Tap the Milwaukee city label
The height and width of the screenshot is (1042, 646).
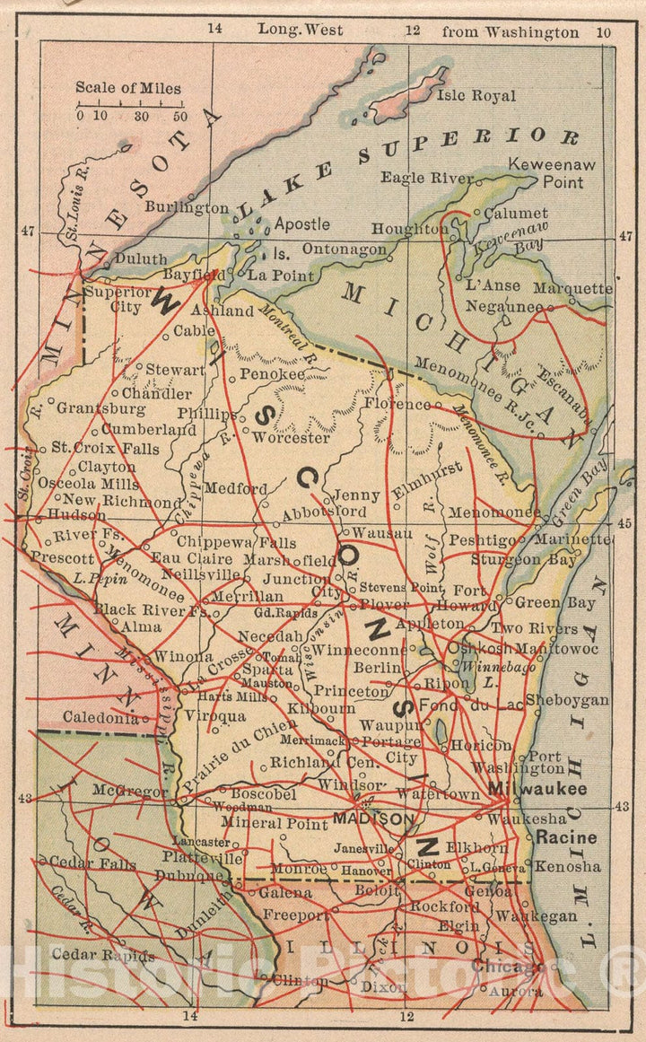click(538, 789)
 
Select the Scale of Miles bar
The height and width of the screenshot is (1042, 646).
click(132, 106)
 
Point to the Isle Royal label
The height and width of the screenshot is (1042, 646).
click(476, 95)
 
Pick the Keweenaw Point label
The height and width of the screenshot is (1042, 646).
click(552, 173)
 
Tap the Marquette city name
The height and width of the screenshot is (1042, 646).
click(572, 289)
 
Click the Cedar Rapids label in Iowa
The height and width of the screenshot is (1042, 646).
click(102, 955)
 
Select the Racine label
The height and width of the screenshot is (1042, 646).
click(566, 838)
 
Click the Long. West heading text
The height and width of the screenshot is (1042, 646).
click(301, 30)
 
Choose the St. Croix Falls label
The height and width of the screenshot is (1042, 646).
click(92, 447)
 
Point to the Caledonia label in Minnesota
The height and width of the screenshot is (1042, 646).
click(100, 717)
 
